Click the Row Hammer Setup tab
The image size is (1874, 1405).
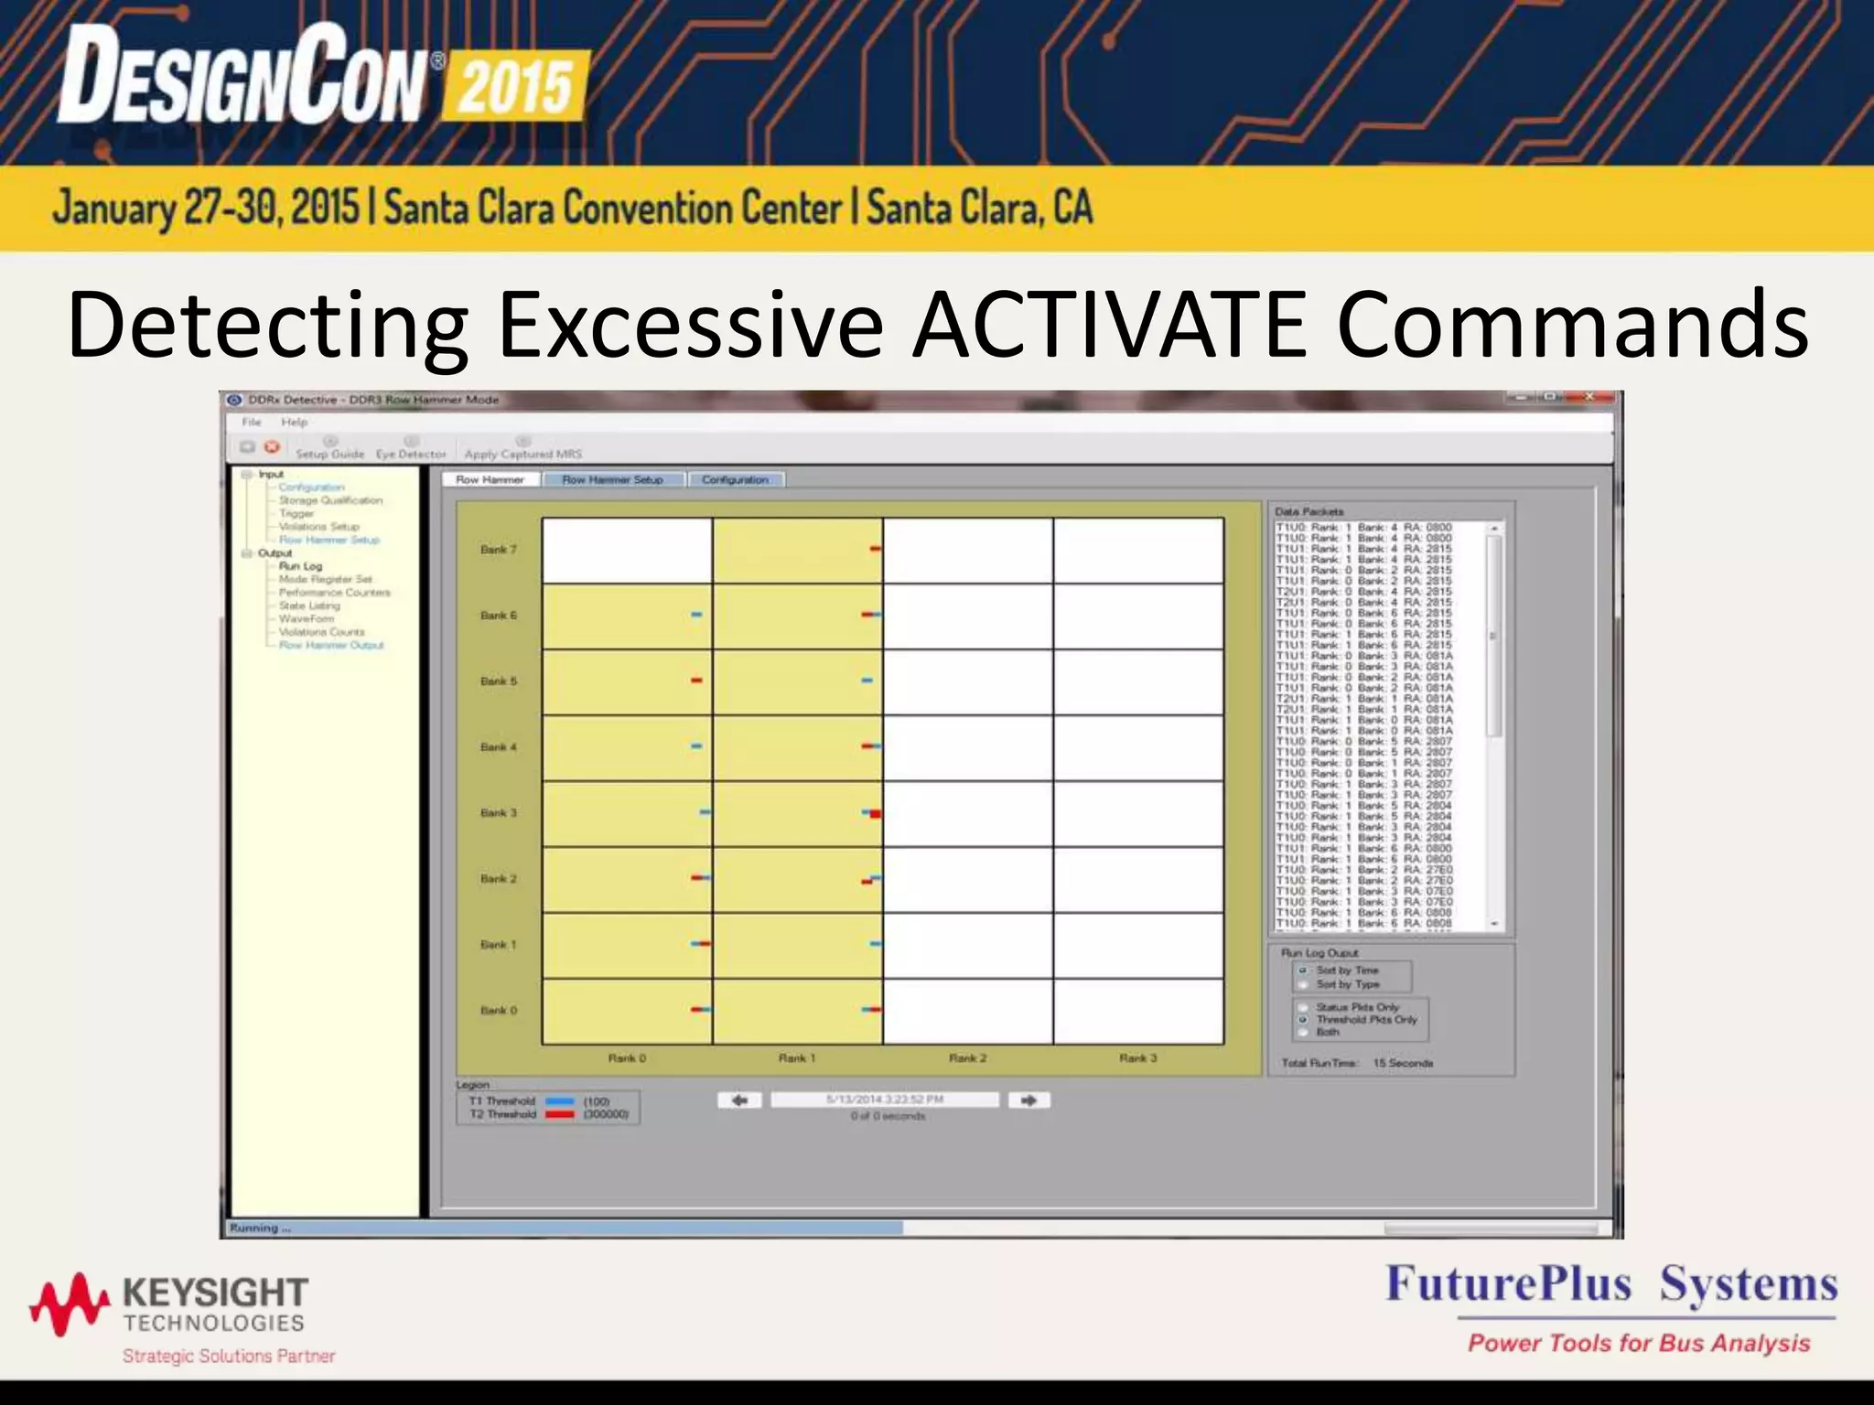pyautogui.click(x=612, y=479)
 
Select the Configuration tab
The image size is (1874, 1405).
pyautogui.click(x=735, y=479)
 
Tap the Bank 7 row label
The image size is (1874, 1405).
pyautogui.click(x=499, y=550)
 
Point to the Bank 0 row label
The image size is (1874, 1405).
pyautogui.click(x=499, y=1011)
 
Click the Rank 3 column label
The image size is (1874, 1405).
pyautogui.click(x=1137, y=1058)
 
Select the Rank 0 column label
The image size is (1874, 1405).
pyautogui.click(x=627, y=1058)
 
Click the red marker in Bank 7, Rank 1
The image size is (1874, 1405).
pyautogui.click(x=876, y=549)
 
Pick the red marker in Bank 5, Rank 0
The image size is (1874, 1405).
pyautogui.click(x=696, y=681)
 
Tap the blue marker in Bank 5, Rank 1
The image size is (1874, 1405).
pyautogui.click(x=867, y=681)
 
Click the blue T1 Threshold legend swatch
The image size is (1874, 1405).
pyautogui.click(x=559, y=1102)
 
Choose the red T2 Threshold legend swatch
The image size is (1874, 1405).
pyautogui.click(x=559, y=1115)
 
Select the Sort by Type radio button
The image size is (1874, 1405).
pyautogui.click(x=1303, y=985)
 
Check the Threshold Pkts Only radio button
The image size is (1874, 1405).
pyautogui.click(x=1303, y=1019)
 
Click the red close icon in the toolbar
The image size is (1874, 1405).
pyautogui.click(x=272, y=446)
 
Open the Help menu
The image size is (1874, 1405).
pyautogui.click(x=294, y=423)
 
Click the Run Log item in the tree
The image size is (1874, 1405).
pyautogui.click(x=300, y=566)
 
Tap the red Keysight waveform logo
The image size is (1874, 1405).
pyautogui.click(x=70, y=1303)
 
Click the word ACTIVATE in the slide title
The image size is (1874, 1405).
pyautogui.click(x=1110, y=325)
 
